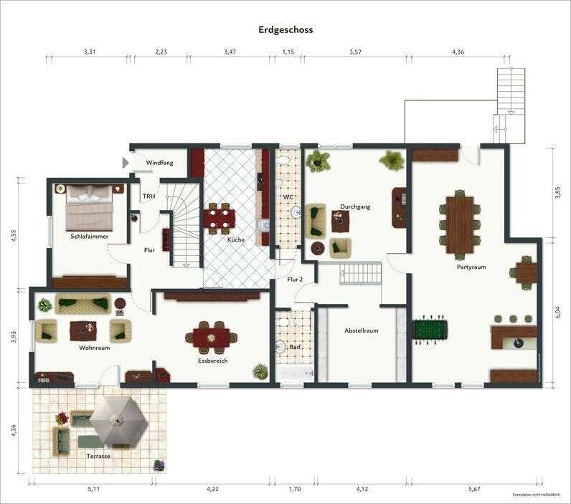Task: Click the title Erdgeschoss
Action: (x=285, y=30)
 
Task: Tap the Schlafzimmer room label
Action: (x=90, y=236)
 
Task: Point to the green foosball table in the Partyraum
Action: (x=430, y=330)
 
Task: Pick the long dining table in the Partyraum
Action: (x=459, y=225)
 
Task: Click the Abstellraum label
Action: (x=361, y=331)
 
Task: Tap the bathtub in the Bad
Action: (x=295, y=374)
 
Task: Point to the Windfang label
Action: (x=159, y=163)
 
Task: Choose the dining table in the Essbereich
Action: (x=212, y=336)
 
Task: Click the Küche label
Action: (x=236, y=240)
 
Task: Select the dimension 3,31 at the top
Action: (x=90, y=52)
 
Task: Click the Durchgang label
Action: (x=356, y=206)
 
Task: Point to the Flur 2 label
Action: (x=295, y=279)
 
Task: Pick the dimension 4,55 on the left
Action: (x=13, y=235)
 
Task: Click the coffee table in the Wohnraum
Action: (x=85, y=330)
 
